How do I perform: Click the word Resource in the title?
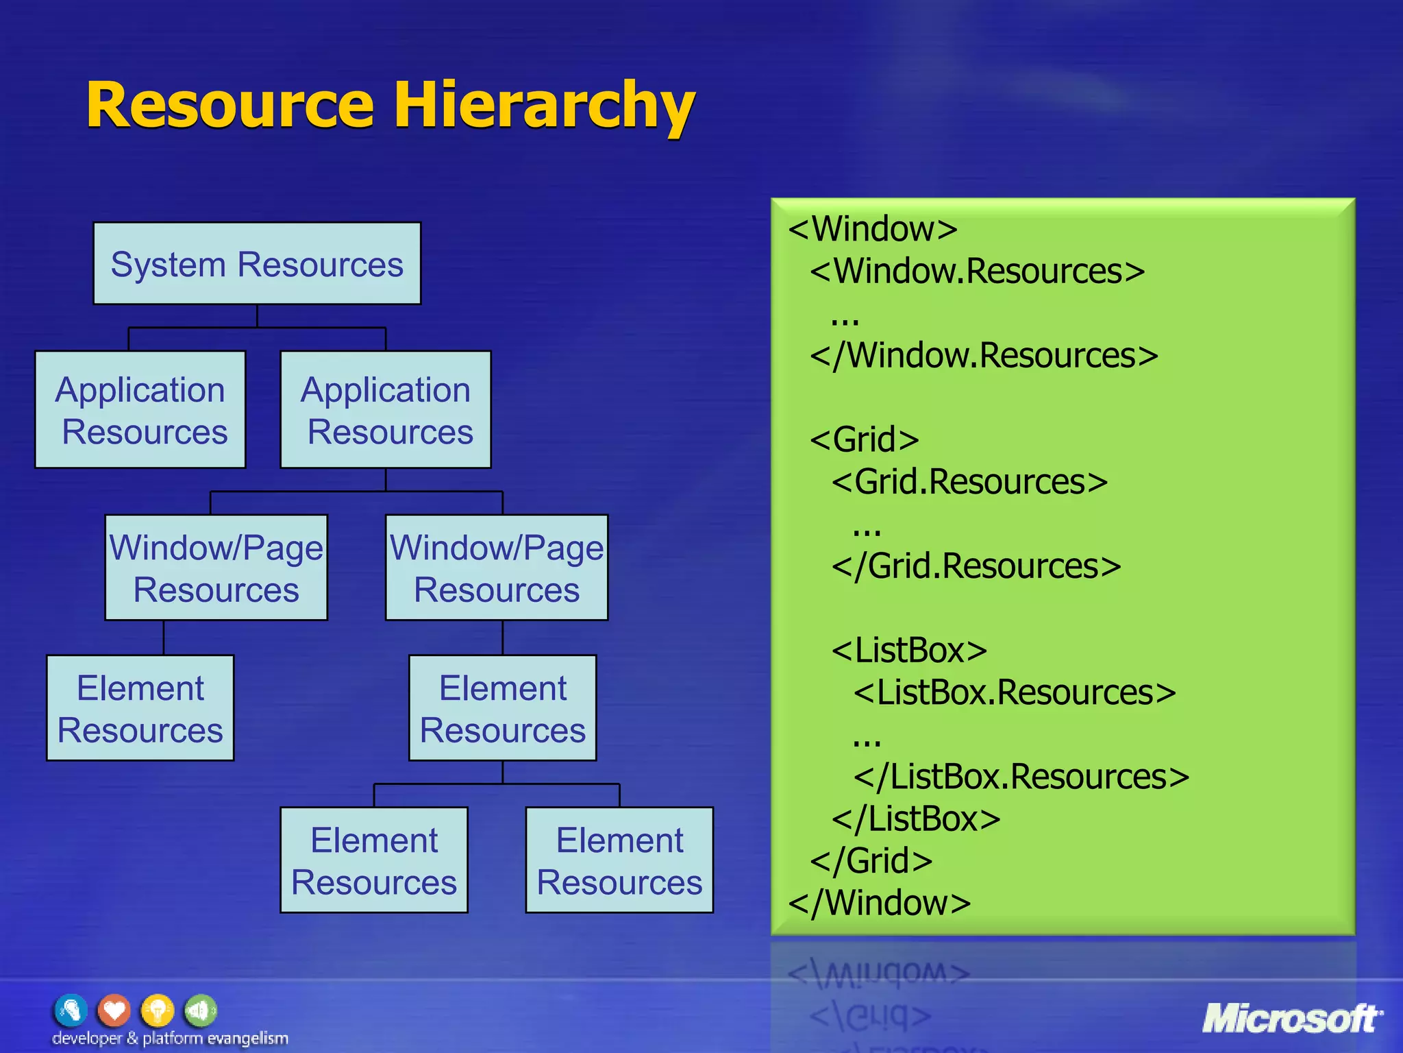(230, 106)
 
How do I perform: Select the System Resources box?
(257, 264)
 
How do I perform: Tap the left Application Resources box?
(140, 410)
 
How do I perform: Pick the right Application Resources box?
(386, 410)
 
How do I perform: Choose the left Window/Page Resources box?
(216, 568)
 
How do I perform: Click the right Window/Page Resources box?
(497, 568)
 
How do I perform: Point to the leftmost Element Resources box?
(140, 708)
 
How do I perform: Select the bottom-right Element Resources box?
(619, 860)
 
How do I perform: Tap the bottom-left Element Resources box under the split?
(374, 860)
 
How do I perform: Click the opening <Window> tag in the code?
(873, 229)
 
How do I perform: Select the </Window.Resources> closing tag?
(984, 356)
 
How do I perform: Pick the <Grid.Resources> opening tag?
(969, 482)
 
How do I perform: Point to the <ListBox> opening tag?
(909, 651)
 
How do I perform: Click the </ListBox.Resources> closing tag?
(1021, 777)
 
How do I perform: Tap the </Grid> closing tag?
(871, 861)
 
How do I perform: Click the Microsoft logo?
(1292, 1019)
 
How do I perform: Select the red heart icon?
(114, 1010)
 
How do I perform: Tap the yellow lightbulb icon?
(158, 1010)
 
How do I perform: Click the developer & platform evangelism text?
(170, 1039)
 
